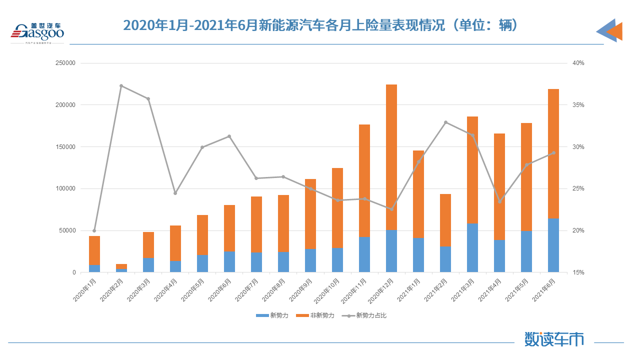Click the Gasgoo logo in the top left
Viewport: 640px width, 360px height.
(37, 32)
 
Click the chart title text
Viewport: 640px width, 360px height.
(320, 25)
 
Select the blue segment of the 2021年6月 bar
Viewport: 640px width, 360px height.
(553, 245)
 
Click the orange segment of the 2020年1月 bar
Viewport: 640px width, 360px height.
(94, 250)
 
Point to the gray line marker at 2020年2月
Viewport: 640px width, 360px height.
(121, 86)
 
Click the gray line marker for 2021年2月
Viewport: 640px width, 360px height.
(445, 122)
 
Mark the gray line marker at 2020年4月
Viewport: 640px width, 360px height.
(175, 193)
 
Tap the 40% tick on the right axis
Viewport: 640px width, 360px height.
(578, 63)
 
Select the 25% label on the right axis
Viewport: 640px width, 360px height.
(578, 188)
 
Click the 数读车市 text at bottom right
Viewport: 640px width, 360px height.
(554, 339)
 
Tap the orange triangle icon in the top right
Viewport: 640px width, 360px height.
(615, 31)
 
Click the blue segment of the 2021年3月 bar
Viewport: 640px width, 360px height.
(472, 248)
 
